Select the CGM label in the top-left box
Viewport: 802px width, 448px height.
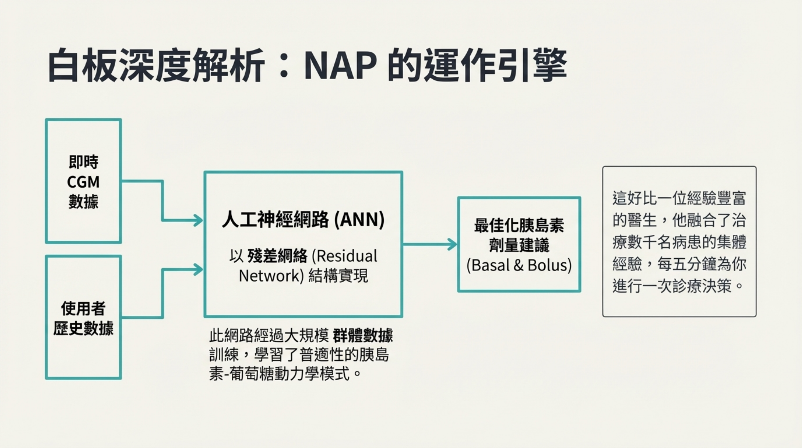pyautogui.click(x=83, y=182)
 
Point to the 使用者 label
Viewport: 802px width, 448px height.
pyautogui.click(x=83, y=308)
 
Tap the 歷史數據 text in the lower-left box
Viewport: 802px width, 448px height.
pyautogui.click(x=83, y=328)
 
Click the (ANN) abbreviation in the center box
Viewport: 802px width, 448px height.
pyautogui.click(x=359, y=220)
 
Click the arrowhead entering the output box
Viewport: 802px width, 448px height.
pyautogui.click(x=452, y=244)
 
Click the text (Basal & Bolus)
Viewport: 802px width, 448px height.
pyautogui.click(x=519, y=265)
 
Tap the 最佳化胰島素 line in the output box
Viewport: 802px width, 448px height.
pyautogui.click(x=519, y=225)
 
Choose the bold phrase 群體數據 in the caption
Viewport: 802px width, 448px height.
pyautogui.click(x=363, y=335)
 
